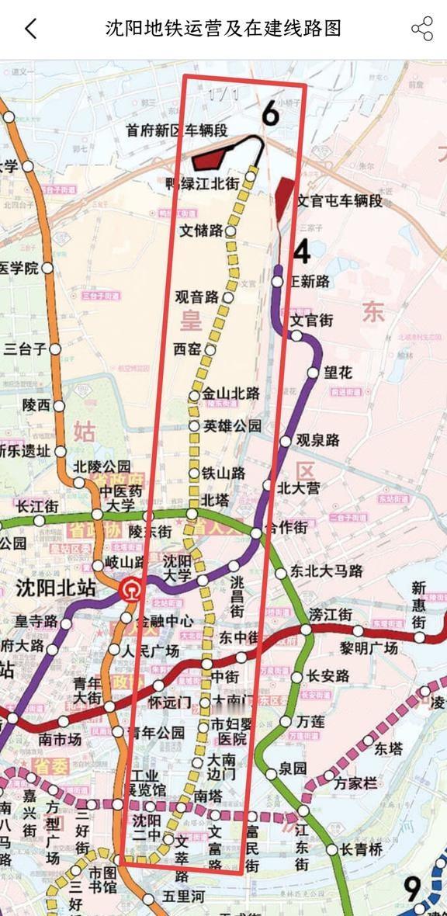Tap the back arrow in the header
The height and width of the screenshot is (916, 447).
coord(30,29)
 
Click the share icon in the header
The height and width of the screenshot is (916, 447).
coord(422,29)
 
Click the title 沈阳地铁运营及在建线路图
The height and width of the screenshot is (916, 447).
coord(223,29)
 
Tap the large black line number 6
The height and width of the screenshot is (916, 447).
coord(270,113)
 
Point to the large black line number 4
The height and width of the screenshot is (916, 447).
coord(302,253)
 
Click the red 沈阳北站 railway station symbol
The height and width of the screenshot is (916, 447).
coord(131,592)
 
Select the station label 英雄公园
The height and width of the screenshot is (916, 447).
coord(232,426)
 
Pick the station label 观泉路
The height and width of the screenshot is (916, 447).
coord(317,440)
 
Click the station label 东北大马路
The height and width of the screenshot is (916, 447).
coord(327,571)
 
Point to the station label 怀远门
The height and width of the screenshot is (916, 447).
coord(169,703)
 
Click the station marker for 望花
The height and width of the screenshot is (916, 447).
coord(313,373)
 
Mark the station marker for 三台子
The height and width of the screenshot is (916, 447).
coord(55,349)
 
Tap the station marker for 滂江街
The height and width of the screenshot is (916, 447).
coord(307,629)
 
